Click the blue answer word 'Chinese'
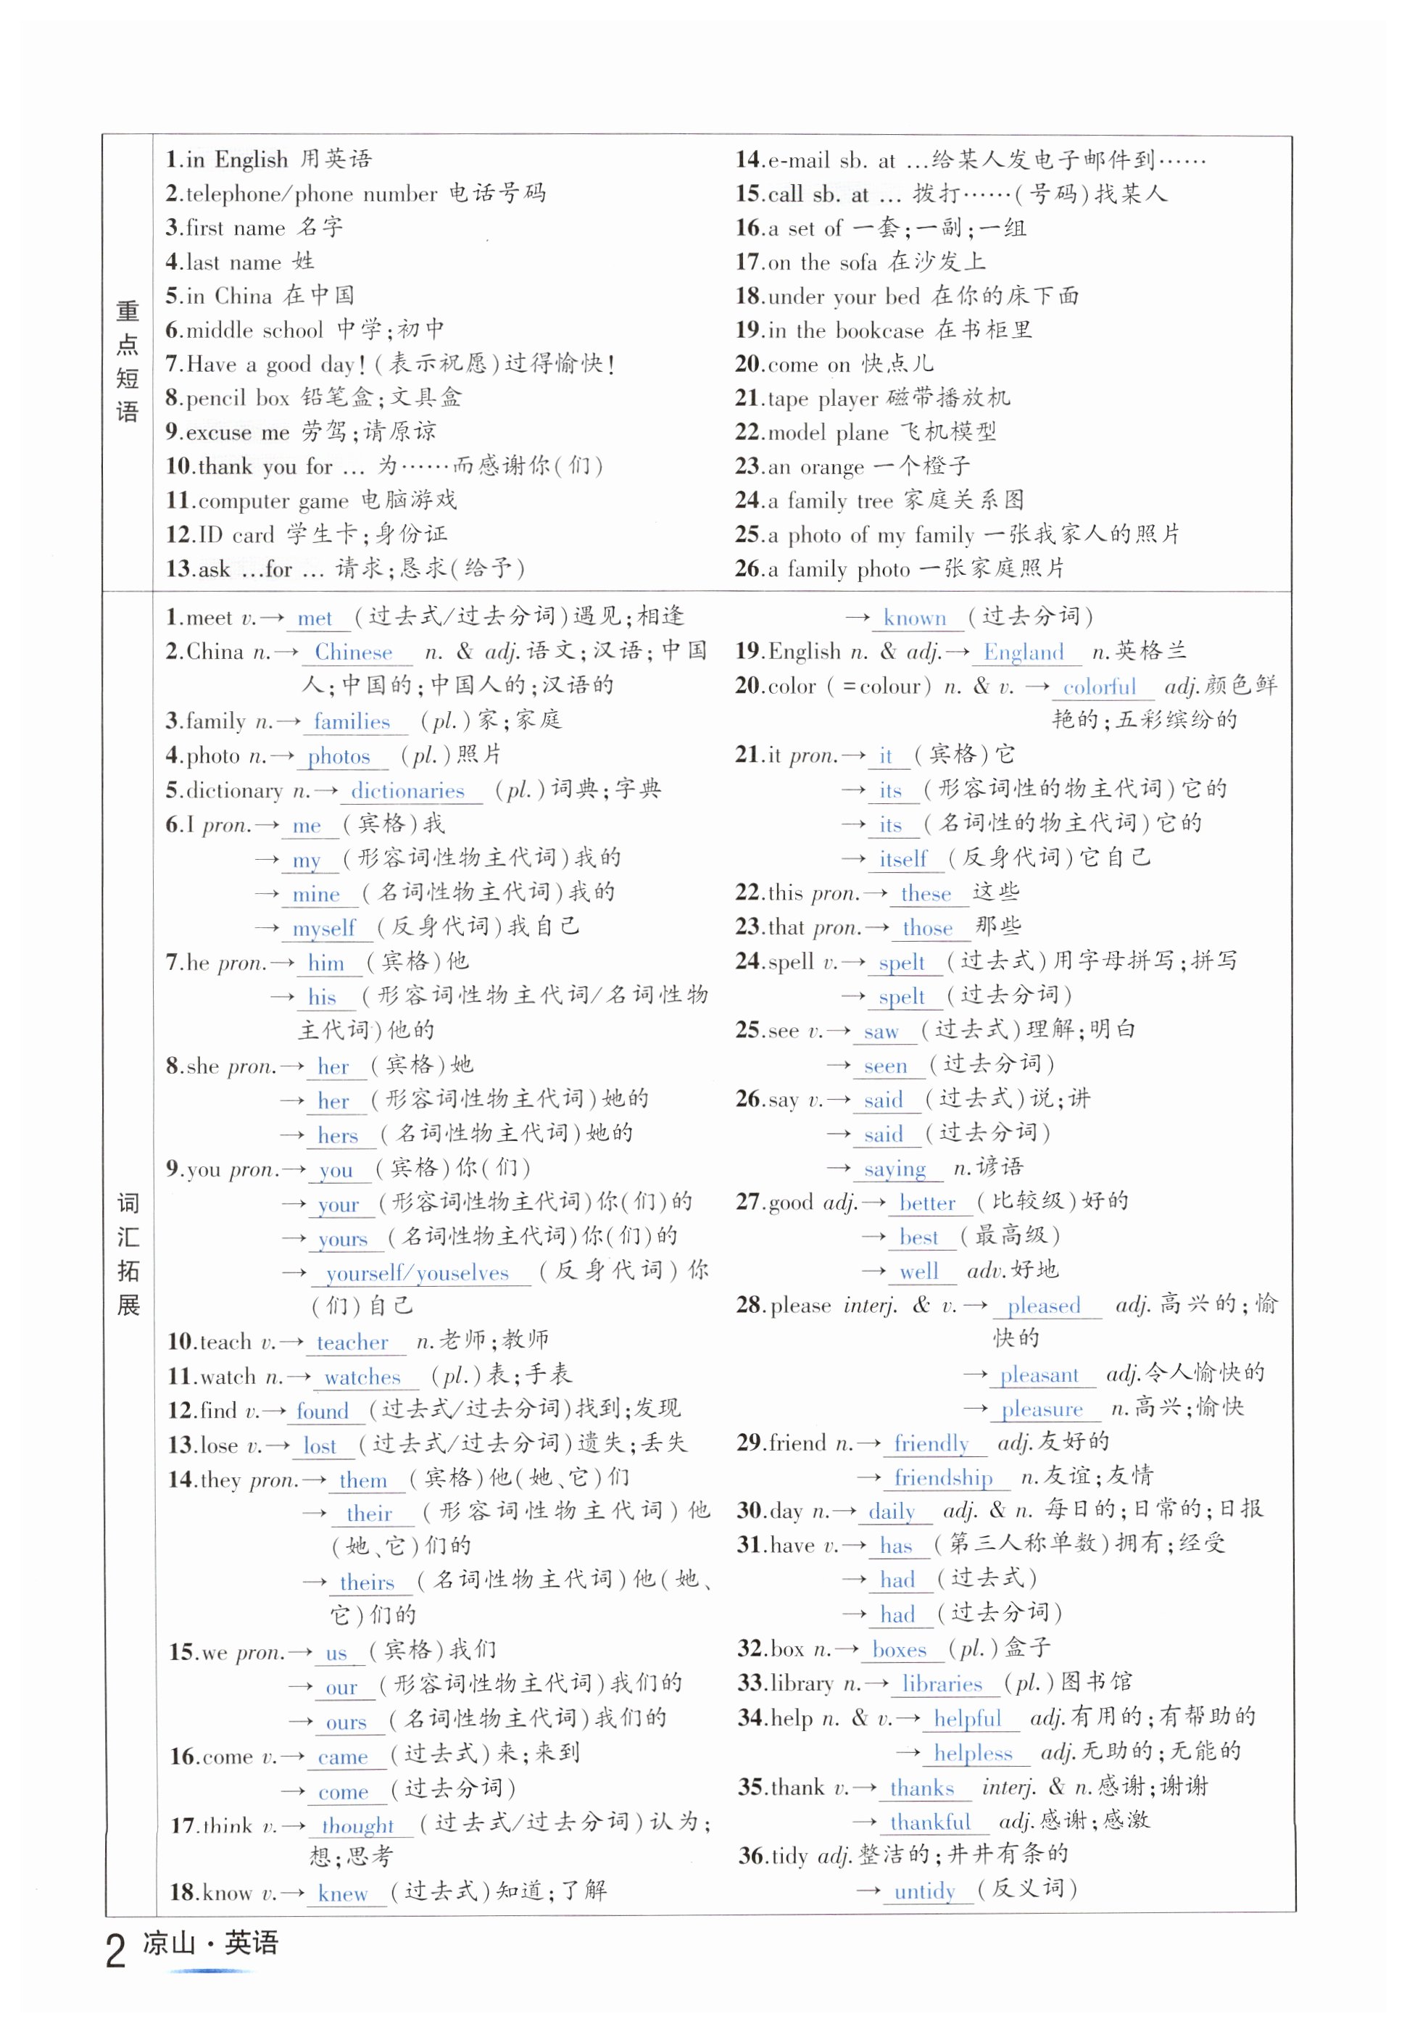click(x=354, y=652)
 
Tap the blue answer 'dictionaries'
click(x=407, y=791)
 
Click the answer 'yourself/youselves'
click(x=417, y=1273)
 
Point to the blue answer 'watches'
click(x=362, y=1377)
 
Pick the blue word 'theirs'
click(x=367, y=1583)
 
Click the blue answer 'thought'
click(x=357, y=1825)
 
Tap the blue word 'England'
click(x=1024, y=652)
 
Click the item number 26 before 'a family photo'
click(x=749, y=568)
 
